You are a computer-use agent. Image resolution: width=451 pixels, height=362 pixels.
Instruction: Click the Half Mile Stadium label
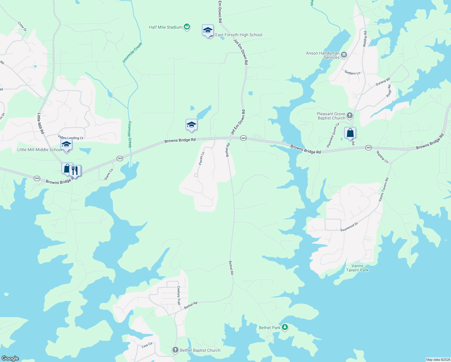(x=166, y=27)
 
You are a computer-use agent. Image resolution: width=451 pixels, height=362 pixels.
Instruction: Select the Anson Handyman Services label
(x=323, y=55)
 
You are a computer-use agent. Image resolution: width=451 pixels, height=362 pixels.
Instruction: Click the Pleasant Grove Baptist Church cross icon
(x=350, y=115)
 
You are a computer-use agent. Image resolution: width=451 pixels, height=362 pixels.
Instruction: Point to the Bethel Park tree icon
(x=285, y=327)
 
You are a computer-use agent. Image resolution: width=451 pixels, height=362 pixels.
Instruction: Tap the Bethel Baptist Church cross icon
(x=175, y=350)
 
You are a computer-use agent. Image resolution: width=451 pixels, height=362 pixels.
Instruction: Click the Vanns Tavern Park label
(x=357, y=268)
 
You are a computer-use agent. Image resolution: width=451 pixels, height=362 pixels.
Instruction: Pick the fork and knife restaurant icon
(x=75, y=171)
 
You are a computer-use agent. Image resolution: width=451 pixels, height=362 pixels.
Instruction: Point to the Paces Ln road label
(x=202, y=158)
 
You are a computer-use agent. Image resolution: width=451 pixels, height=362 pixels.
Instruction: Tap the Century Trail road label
(x=179, y=295)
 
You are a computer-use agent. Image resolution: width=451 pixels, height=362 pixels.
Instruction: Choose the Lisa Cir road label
(x=147, y=345)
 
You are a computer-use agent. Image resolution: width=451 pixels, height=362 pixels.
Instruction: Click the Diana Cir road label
(x=109, y=174)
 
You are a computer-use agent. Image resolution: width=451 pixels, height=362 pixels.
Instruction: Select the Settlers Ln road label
(x=352, y=73)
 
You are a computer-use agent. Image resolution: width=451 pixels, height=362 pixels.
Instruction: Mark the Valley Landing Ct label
(x=71, y=138)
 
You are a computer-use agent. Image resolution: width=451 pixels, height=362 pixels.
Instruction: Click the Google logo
(x=10, y=358)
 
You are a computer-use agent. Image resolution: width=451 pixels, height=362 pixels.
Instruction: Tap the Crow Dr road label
(x=22, y=26)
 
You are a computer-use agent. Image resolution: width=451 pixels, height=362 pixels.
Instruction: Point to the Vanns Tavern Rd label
(x=383, y=190)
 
